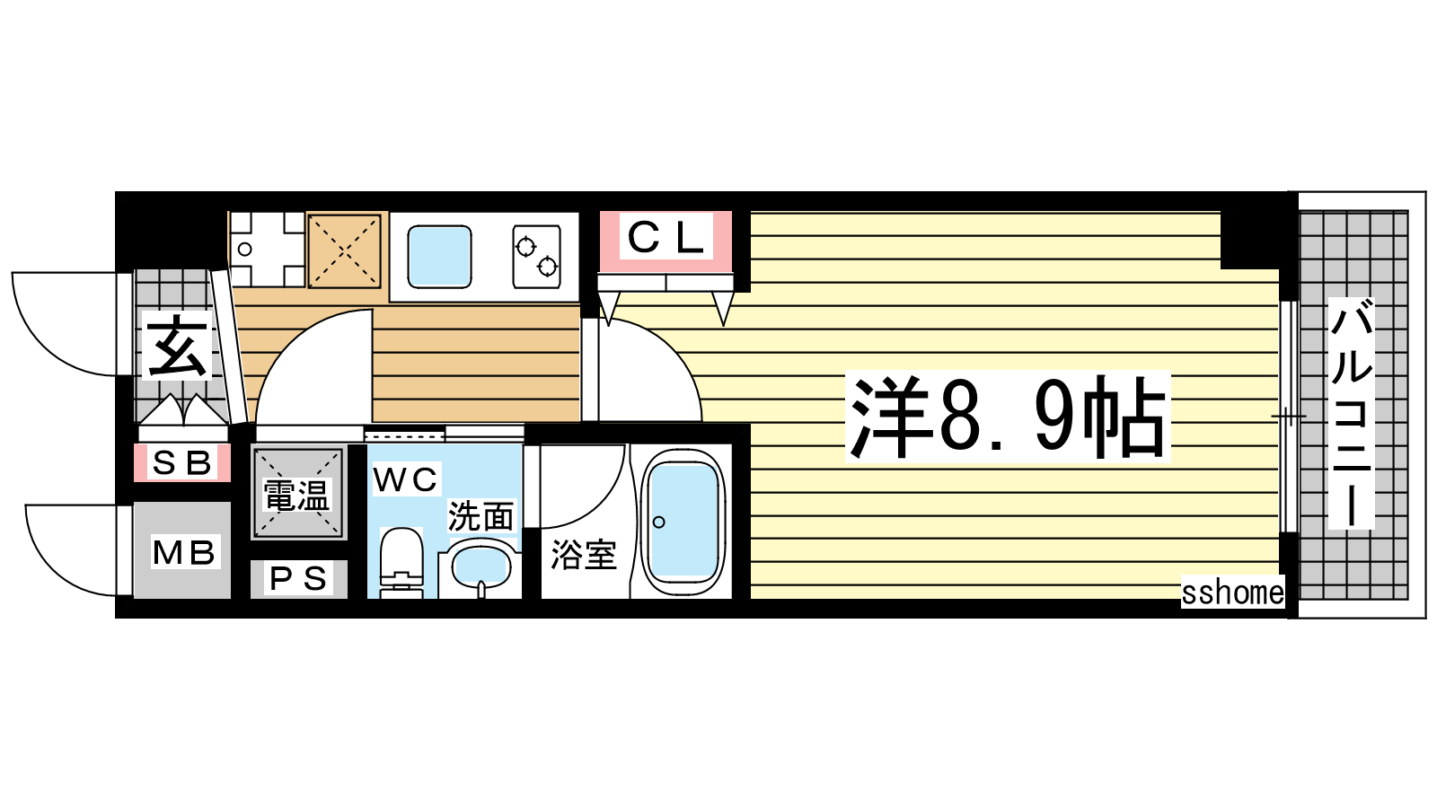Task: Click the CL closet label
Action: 666,236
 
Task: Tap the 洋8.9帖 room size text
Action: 1008,417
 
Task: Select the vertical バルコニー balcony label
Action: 1351,414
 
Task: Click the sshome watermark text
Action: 1232,592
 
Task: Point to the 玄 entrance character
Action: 176,347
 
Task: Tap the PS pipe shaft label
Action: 299,579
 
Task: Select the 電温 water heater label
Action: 296,495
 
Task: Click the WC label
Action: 406,479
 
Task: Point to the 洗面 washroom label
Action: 481,516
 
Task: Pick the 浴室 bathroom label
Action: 584,555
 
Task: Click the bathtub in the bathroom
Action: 683,522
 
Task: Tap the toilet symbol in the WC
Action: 401,562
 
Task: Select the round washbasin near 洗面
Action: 481,567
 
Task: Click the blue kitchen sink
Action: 439,256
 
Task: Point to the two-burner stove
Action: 537,256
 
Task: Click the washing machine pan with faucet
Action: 267,249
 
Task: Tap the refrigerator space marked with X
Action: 345,250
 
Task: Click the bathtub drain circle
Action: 659,522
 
